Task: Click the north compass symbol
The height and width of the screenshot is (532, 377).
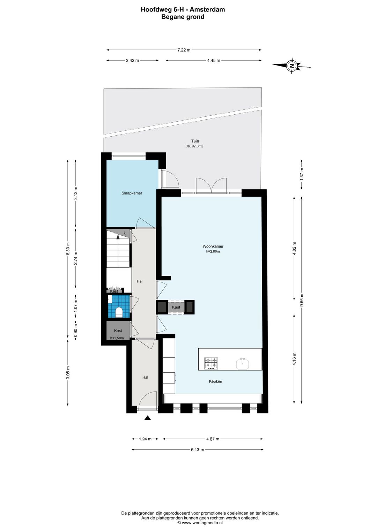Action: [x=291, y=65]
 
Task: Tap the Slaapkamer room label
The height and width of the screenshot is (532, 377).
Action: [x=132, y=193]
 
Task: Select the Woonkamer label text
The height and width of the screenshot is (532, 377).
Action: [x=213, y=246]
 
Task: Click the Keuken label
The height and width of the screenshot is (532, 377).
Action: [x=215, y=381]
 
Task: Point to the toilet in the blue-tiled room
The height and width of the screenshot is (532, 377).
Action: [x=118, y=312]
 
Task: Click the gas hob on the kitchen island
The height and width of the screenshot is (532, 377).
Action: [x=211, y=363]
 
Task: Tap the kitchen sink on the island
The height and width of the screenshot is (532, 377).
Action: [x=243, y=364]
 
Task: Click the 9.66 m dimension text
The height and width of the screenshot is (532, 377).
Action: [x=302, y=300]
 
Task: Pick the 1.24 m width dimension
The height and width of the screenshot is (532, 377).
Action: [x=145, y=439]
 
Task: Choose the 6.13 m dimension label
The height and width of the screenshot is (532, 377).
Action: [x=198, y=450]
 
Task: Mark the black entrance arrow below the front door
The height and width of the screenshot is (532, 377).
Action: [x=148, y=418]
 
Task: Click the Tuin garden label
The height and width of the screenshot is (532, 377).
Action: [x=195, y=141]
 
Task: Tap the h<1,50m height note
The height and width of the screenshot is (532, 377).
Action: [x=117, y=338]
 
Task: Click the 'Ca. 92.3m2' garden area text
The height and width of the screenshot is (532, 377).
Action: [x=194, y=146]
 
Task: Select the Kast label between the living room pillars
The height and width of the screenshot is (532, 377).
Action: [x=176, y=307]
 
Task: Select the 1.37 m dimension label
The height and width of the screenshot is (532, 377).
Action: [x=302, y=174]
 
